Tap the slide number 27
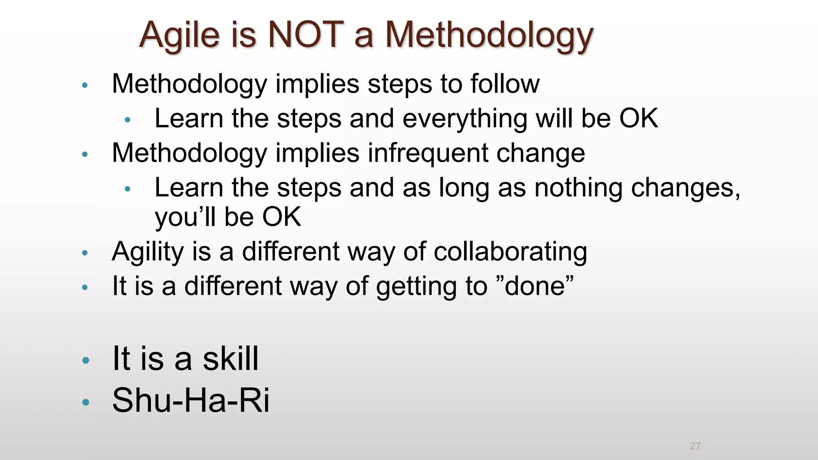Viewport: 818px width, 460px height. [695, 446]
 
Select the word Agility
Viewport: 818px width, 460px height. [147, 252]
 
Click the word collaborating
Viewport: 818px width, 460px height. [510, 252]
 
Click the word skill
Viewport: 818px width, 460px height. [230, 359]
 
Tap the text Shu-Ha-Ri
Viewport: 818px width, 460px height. [191, 400]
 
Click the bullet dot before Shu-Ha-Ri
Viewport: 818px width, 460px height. [85, 402]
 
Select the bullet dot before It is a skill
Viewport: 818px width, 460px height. [85, 361]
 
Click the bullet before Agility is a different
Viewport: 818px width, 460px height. [84, 253]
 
